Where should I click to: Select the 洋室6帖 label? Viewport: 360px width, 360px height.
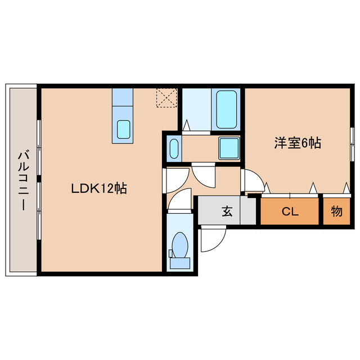(x=298, y=143)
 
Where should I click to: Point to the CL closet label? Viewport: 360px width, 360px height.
(x=290, y=212)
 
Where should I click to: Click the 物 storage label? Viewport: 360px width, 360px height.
(x=337, y=211)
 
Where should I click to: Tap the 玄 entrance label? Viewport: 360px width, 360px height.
(x=227, y=212)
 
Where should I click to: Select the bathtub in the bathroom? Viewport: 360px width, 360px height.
(x=227, y=109)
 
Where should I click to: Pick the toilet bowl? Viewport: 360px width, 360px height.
(x=180, y=246)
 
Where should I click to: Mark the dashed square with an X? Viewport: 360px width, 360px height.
(x=167, y=97)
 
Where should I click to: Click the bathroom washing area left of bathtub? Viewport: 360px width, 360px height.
(x=196, y=109)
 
